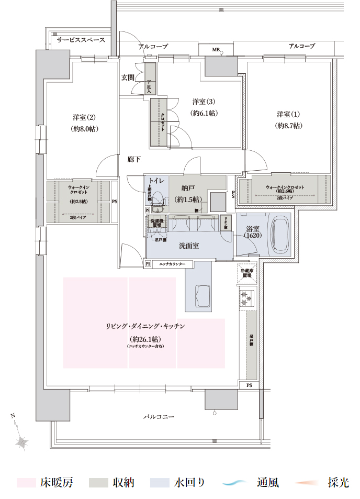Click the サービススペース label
point(81,40)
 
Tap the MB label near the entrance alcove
point(216,50)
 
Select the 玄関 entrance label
point(128,77)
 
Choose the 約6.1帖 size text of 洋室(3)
point(204,113)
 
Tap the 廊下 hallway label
point(134,159)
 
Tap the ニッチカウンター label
point(172,264)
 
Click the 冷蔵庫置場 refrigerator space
point(246,273)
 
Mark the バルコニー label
point(159,417)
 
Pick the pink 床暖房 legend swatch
point(26,483)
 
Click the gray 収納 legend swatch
point(98,483)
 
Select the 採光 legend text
point(339,483)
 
